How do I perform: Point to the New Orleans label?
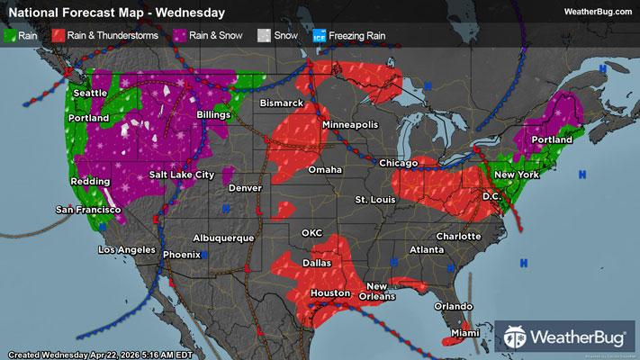click(x=377, y=291)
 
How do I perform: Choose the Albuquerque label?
click(x=225, y=238)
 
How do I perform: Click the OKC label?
click(x=311, y=233)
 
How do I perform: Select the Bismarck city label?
click(x=281, y=103)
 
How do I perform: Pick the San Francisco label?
click(x=88, y=210)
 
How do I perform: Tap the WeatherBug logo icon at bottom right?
click(x=518, y=338)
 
